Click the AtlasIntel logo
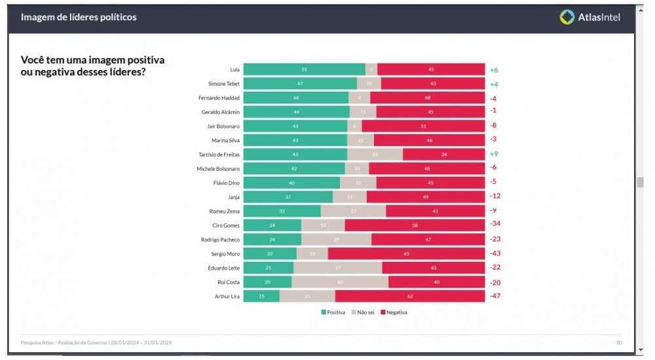coord(589,18)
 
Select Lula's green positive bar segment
coord(304,69)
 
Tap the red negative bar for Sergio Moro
coord(406,253)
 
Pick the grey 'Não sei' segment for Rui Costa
coord(339,282)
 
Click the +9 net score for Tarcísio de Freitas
coord(494,154)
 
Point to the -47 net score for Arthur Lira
coord(495,297)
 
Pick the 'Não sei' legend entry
coord(363,312)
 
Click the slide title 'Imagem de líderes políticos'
coord(79,18)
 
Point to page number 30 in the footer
coord(618,342)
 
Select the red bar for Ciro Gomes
coord(415,225)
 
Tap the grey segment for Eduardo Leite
coord(337,268)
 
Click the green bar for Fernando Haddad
coord(295,98)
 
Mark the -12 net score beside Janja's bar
coord(495,196)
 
